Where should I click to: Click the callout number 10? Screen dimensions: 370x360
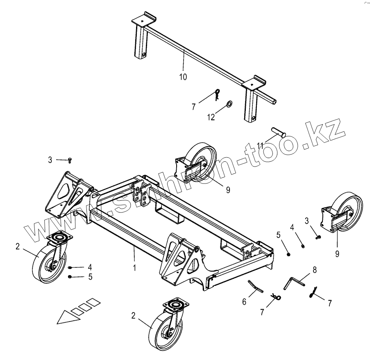(x=183, y=77)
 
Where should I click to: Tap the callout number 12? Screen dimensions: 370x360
(x=211, y=117)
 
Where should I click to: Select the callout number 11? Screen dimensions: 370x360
(x=261, y=145)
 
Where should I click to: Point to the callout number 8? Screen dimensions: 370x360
(x=315, y=270)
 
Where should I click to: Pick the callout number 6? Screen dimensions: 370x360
(x=244, y=302)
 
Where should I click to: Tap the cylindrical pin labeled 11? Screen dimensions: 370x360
(x=278, y=133)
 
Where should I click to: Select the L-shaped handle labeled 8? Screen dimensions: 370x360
(x=295, y=282)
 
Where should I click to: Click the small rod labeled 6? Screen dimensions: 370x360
(x=255, y=286)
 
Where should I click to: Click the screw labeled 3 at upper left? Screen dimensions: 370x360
(x=70, y=160)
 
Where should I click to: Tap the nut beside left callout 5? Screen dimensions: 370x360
(x=70, y=277)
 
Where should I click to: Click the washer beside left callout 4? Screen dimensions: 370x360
(x=70, y=267)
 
